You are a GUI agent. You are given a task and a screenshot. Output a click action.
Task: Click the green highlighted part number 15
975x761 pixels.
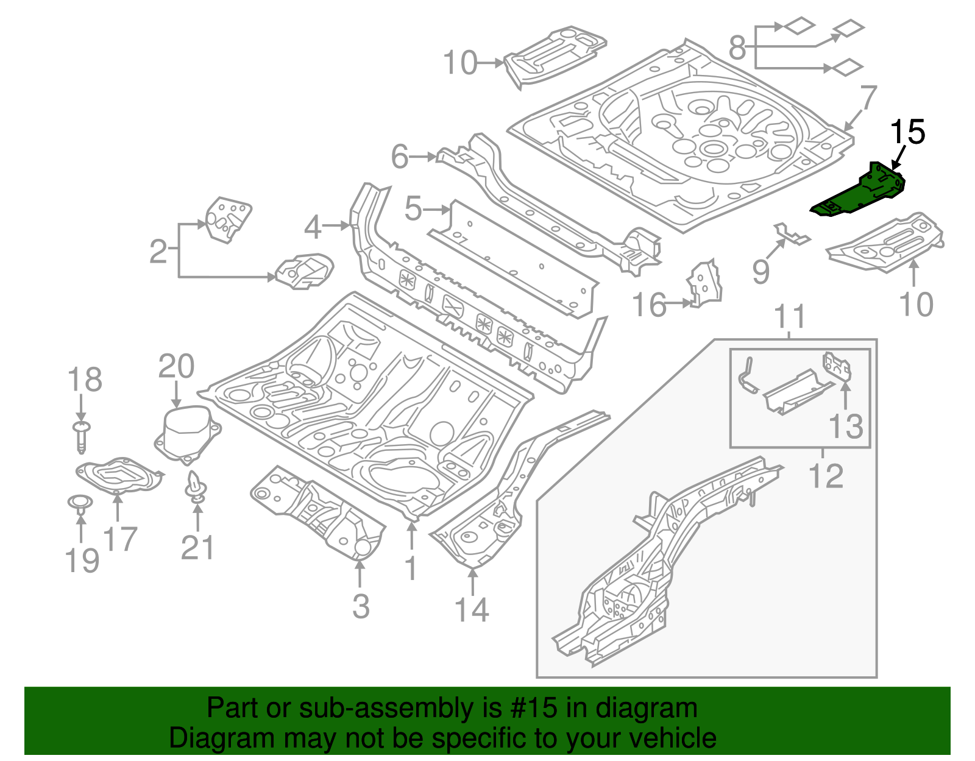pyautogui.click(x=859, y=192)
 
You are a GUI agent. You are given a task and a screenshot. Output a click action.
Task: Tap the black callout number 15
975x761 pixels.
pyautogui.click(x=907, y=133)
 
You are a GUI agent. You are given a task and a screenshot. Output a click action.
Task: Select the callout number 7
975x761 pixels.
pyautogui.click(x=868, y=98)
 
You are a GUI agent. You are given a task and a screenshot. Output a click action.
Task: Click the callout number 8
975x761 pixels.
pyautogui.click(x=737, y=47)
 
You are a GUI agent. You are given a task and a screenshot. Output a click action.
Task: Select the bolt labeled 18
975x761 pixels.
pyautogui.click(x=81, y=435)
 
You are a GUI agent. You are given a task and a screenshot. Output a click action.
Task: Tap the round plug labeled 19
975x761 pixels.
pyautogui.click(x=79, y=502)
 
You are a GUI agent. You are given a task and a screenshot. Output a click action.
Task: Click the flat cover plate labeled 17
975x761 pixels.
pyautogui.click(x=119, y=475)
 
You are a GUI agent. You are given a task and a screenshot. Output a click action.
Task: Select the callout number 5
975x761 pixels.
pyautogui.click(x=413, y=209)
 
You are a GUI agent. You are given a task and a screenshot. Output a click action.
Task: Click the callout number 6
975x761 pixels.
pyautogui.click(x=399, y=157)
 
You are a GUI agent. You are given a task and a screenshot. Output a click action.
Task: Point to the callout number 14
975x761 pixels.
pyautogui.click(x=472, y=609)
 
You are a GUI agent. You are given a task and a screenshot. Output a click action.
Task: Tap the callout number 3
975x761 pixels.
pyautogui.click(x=361, y=606)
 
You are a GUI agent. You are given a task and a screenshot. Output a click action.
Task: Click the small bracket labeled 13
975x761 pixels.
pyautogui.click(x=837, y=366)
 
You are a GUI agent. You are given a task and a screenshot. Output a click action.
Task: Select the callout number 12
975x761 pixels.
pyautogui.click(x=826, y=475)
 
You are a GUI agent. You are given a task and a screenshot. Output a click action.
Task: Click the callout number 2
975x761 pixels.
pyautogui.click(x=158, y=251)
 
